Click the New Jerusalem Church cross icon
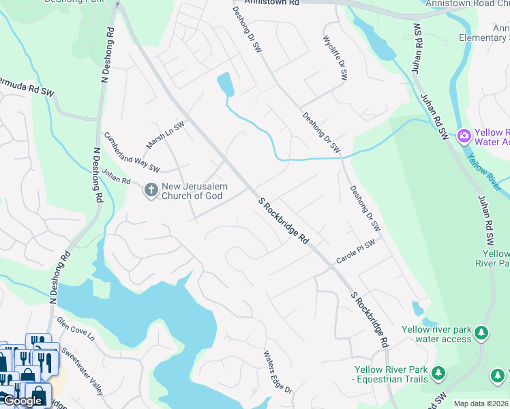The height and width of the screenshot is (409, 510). click(150, 190)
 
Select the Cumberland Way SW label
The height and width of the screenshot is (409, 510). click(132, 153)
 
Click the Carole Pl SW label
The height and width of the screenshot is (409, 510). click(356, 252)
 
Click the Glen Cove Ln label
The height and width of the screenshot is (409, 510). click(75, 331)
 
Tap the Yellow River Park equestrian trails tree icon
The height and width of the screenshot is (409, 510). click(438, 373)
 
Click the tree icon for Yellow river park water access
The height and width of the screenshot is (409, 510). click(482, 333)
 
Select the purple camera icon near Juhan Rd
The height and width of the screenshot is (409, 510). click(464, 136)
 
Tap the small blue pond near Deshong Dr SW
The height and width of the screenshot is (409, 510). click(225, 85)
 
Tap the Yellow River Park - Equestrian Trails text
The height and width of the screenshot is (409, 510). click(390, 376)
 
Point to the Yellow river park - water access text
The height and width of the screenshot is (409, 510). click(437, 334)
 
